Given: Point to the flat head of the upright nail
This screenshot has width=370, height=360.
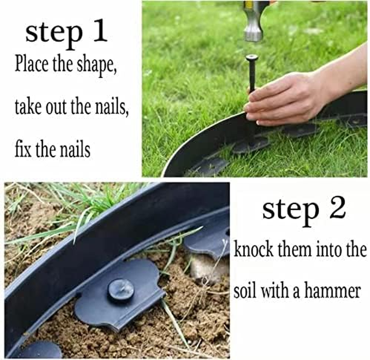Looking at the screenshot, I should pos(252,57).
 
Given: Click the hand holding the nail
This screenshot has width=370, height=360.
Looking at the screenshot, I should pos(288,99).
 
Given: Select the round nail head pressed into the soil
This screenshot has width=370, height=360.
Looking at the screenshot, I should pos(120,290).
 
